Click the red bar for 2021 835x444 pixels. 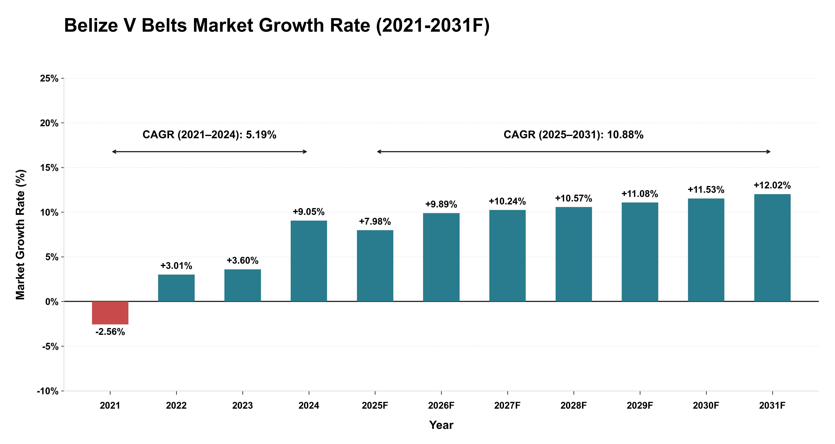click(x=110, y=313)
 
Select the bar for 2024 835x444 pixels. click(x=309, y=261)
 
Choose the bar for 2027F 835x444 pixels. click(x=508, y=256)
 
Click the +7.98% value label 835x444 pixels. click(x=375, y=222)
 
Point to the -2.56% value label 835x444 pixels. click(x=110, y=332)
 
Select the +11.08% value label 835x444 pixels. click(x=640, y=194)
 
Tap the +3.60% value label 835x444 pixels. click(x=242, y=261)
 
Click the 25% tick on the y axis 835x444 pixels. click(x=49, y=79)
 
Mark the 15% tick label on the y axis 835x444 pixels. click(x=49, y=168)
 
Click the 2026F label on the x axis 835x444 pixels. click(x=441, y=406)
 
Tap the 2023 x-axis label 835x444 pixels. click(x=242, y=406)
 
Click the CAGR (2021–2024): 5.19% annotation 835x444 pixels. click(x=209, y=135)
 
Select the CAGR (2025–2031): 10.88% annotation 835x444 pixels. click(x=573, y=135)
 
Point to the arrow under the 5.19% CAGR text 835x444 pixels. click(x=209, y=152)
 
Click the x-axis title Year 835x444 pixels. click(x=441, y=425)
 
